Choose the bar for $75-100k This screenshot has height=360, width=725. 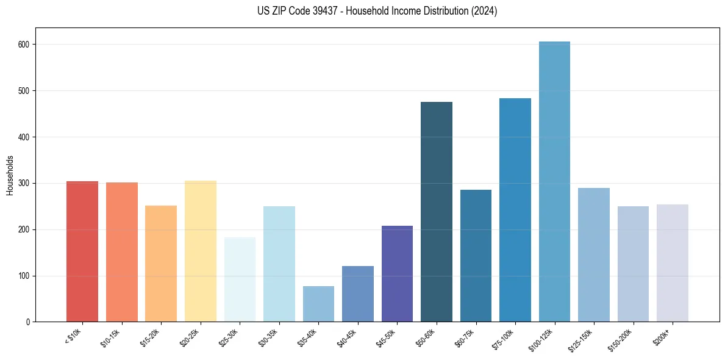[x=515, y=210]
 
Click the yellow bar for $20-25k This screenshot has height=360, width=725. [x=201, y=251]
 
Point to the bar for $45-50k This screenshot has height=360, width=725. [x=397, y=274]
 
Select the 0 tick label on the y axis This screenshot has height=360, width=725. [x=28, y=322]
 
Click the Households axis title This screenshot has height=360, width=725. [x=10, y=175]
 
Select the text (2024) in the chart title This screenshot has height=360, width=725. [x=485, y=11]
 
